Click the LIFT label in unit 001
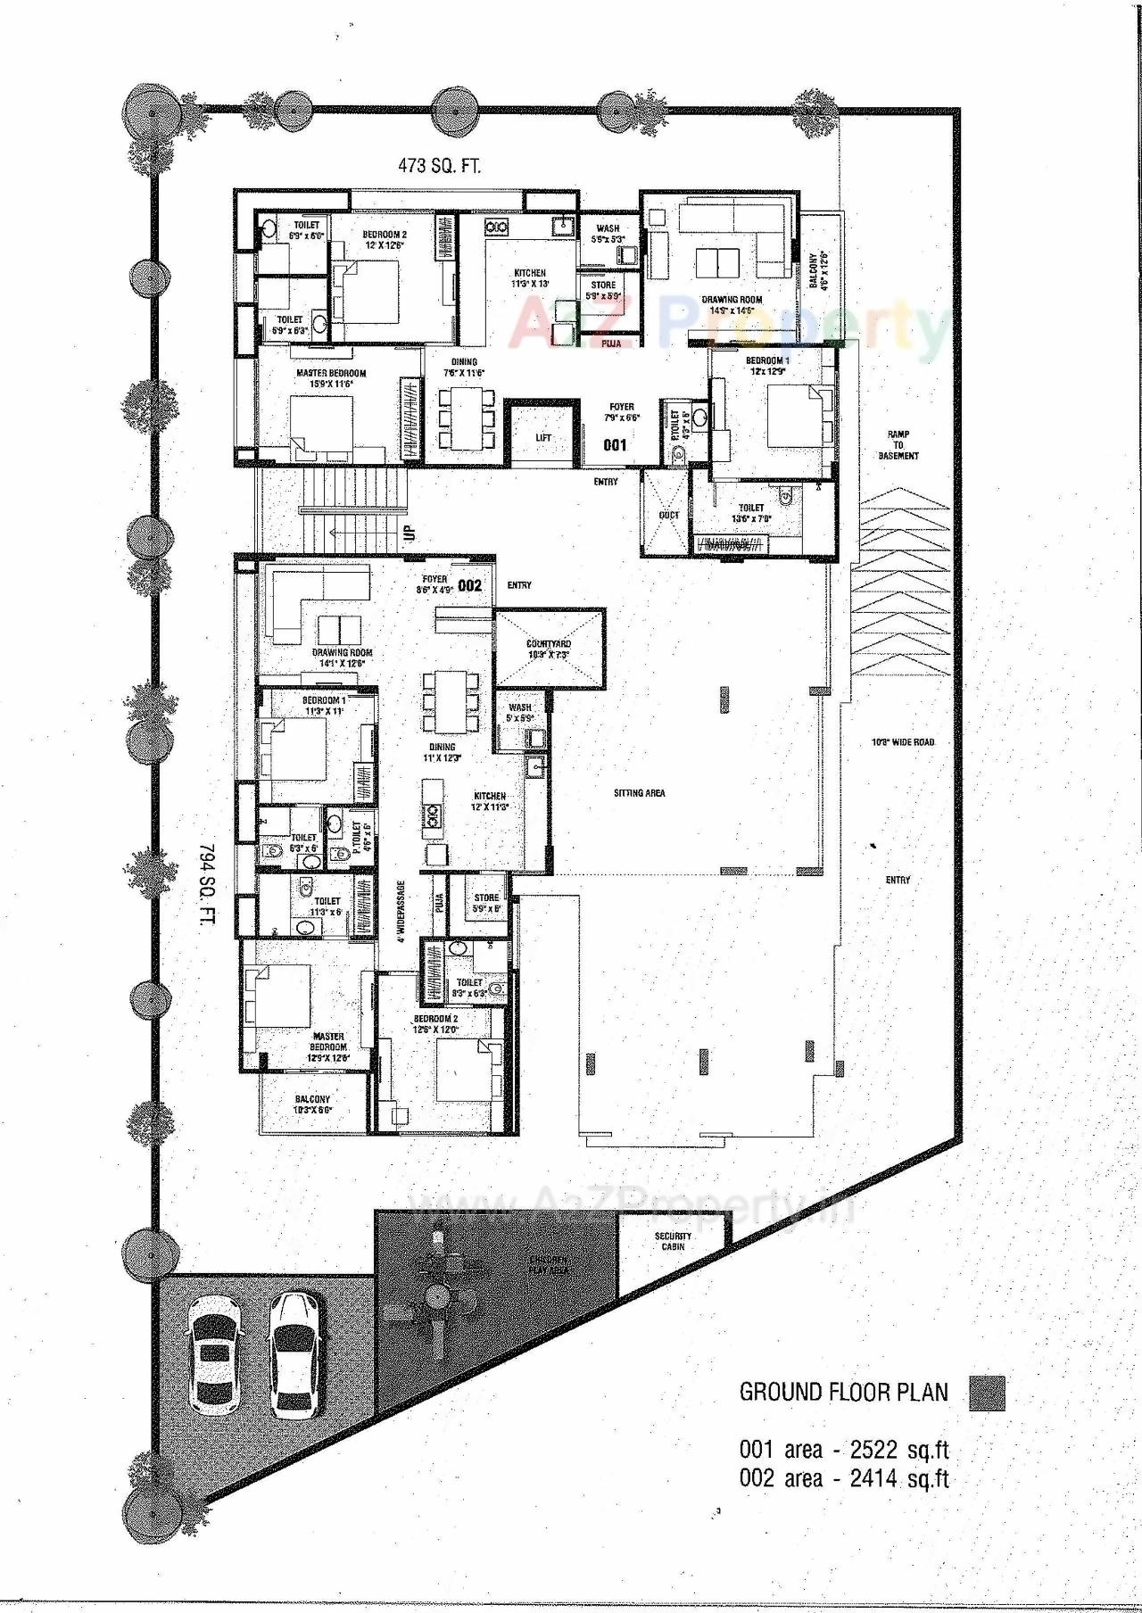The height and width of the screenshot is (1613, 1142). [x=543, y=438]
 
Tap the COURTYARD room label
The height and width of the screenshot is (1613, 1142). [x=549, y=649]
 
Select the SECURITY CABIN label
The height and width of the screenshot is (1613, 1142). [x=673, y=1241]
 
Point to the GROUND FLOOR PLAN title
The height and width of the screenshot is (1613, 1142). [x=843, y=1392]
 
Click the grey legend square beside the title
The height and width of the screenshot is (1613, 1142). [x=987, y=1394]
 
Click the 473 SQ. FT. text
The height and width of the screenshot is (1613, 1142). [x=438, y=165]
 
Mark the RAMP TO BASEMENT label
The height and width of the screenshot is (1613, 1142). [x=898, y=445]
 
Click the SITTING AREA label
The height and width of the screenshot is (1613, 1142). [x=639, y=792]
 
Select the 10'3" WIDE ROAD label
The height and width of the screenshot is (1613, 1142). [x=903, y=742]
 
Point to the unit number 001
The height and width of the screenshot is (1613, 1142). [x=615, y=444]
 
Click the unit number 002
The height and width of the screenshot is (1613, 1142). [x=469, y=585]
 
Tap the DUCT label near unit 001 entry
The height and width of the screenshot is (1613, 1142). [x=668, y=515]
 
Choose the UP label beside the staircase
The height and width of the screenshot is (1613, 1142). [x=410, y=534]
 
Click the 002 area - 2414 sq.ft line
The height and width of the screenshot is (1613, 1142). [x=843, y=1479]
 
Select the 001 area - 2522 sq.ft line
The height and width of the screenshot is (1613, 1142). [x=843, y=1450]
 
